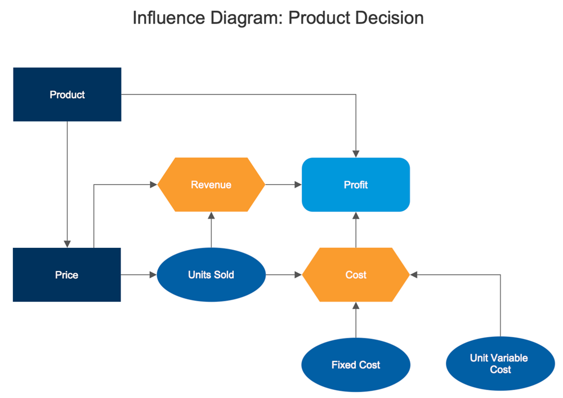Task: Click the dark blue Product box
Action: click(67, 94)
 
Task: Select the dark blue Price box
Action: click(66, 275)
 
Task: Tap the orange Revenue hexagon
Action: click(211, 184)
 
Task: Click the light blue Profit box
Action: click(356, 184)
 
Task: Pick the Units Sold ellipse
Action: click(211, 275)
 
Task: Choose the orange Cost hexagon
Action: click(356, 275)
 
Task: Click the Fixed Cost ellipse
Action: click(356, 365)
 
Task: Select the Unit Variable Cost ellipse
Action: click(500, 364)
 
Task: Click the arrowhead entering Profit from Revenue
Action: click(298, 184)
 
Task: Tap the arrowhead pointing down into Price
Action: click(67, 243)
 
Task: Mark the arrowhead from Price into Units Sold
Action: click(153, 275)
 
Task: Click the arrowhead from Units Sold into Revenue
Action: click(211, 216)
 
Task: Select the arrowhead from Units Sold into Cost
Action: click(298, 275)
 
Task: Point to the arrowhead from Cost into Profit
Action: click(356, 216)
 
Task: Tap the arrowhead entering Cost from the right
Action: click(414, 275)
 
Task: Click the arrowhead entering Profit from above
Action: click(356, 153)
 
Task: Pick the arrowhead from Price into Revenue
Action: click(153, 184)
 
